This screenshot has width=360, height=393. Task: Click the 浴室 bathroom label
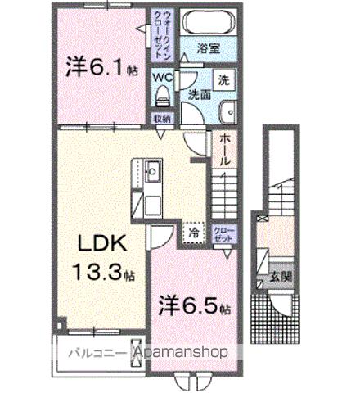click(209, 49)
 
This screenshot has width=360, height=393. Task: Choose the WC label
click(163, 77)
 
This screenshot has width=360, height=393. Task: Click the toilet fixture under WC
click(162, 98)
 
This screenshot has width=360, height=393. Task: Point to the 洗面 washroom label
click(200, 94)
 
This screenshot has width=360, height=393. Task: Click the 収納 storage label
click(163, 118)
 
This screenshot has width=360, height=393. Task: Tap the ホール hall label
click(226, 151)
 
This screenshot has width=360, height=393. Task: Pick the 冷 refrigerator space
click(193, 232)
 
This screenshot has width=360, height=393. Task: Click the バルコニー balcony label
click(90, 354)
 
